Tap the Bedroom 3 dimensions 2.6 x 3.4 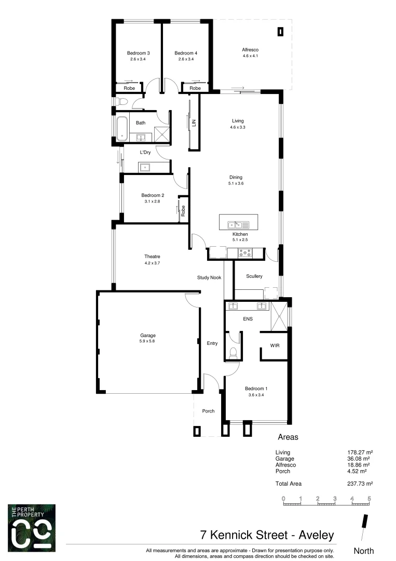click(139, 59)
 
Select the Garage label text click(147, 335)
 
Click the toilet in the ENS click(233, 354)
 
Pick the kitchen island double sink click(236, 224)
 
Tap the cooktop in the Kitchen click(245, 253)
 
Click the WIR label click(275, 345)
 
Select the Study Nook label click(210, 277)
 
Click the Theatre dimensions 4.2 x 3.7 click(152, 263)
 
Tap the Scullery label click(254, 276)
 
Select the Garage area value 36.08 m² click(358, 459)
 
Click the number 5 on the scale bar click(369, 499)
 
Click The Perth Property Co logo click(31, 527)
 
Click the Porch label click(208, 411)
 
